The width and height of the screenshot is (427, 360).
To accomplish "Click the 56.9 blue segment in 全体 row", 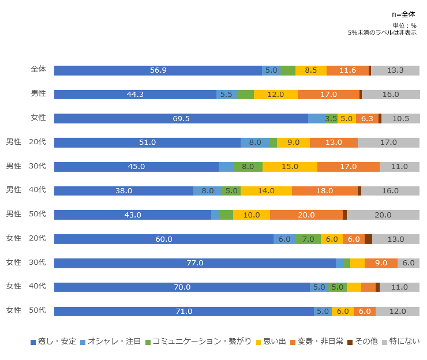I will coord(158,70).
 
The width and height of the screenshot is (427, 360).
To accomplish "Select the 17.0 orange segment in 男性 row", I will coord(329,95).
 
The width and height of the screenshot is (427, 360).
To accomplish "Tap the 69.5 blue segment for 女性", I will coord(181,118).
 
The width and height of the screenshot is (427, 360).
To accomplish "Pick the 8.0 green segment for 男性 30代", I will coord(248,167).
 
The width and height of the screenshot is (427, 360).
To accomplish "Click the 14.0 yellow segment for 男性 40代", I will coord(266,190).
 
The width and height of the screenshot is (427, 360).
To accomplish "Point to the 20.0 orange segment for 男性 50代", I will coord(306,215).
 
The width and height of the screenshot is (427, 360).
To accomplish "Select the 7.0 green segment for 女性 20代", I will coord(308,239).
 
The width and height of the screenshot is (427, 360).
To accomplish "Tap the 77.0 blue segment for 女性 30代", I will coord(195,263).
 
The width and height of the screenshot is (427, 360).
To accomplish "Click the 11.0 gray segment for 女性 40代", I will coord(399,287).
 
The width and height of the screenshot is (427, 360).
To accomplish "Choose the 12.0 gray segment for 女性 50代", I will coord(398,312).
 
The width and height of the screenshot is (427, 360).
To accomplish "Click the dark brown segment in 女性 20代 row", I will coord(368,239).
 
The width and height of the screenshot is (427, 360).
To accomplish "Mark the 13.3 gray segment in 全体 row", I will coord(395,70).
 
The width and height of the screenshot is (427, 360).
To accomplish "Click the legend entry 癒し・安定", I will coord(53,342).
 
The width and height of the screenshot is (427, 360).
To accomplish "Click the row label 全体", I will coord(38,69).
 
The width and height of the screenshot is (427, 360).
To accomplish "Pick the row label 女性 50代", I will coord(26,310).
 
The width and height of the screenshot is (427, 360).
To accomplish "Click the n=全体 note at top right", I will coord(403,14).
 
